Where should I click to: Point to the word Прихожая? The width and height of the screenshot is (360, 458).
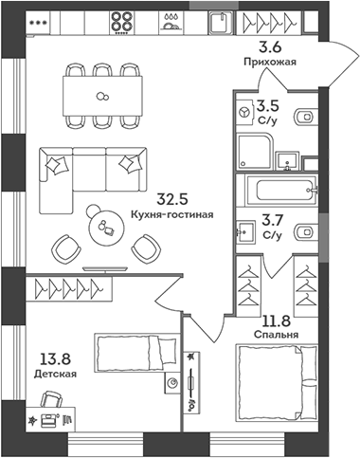click(x=271, y=63)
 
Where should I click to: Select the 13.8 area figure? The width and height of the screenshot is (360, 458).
click(x=56, y=358)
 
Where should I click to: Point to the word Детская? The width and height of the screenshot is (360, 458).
click(x=56, y=373)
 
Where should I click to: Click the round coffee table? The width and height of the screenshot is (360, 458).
click(x=101, y=225)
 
